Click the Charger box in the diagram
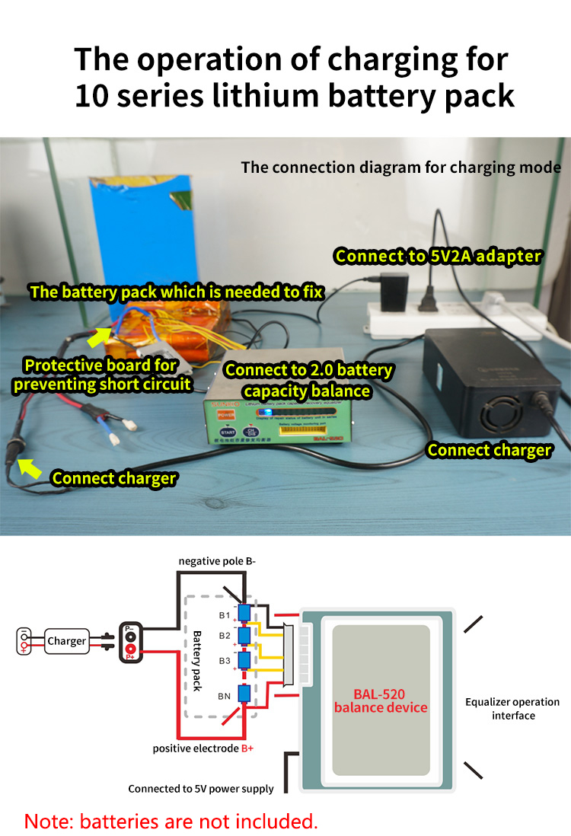pos(67,640)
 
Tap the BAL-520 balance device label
pos(380,700)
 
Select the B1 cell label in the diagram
pos(224,613)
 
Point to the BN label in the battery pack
pos(224,696)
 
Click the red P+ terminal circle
pos(131,648)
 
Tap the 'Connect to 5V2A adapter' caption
pos(438,256)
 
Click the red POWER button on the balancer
pos(225,414)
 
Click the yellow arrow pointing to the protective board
pos(100,336)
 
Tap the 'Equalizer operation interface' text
pos(512,708)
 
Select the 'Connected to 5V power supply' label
pos(201,788)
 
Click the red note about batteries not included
pos(171,821)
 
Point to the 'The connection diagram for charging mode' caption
pos(400,167)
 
